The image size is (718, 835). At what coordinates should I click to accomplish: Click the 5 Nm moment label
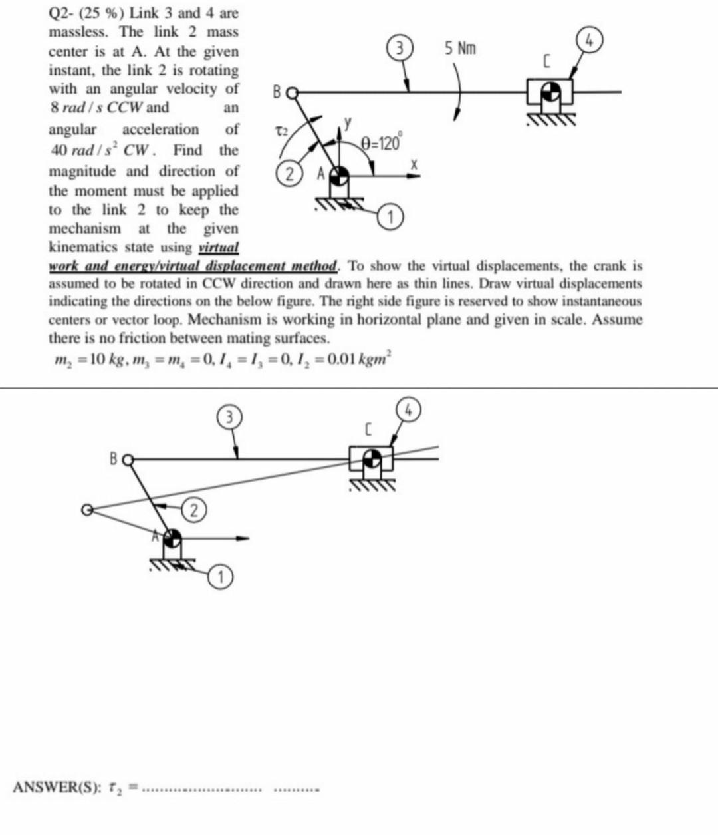(x=461, y=49)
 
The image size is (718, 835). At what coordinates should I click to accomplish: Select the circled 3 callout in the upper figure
(x=398, y=49)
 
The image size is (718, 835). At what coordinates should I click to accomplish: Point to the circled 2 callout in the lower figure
(x=193, y=511)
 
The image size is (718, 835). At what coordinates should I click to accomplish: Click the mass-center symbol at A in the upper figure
(x=339, y=175)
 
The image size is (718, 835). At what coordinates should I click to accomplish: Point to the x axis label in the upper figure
(x=413, y=164)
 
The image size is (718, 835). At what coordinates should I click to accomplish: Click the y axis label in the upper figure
(x=346, y=122)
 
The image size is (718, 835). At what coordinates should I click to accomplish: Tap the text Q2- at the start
(x=62, y=13)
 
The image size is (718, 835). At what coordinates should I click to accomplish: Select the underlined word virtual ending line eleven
(x=219, y=248)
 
